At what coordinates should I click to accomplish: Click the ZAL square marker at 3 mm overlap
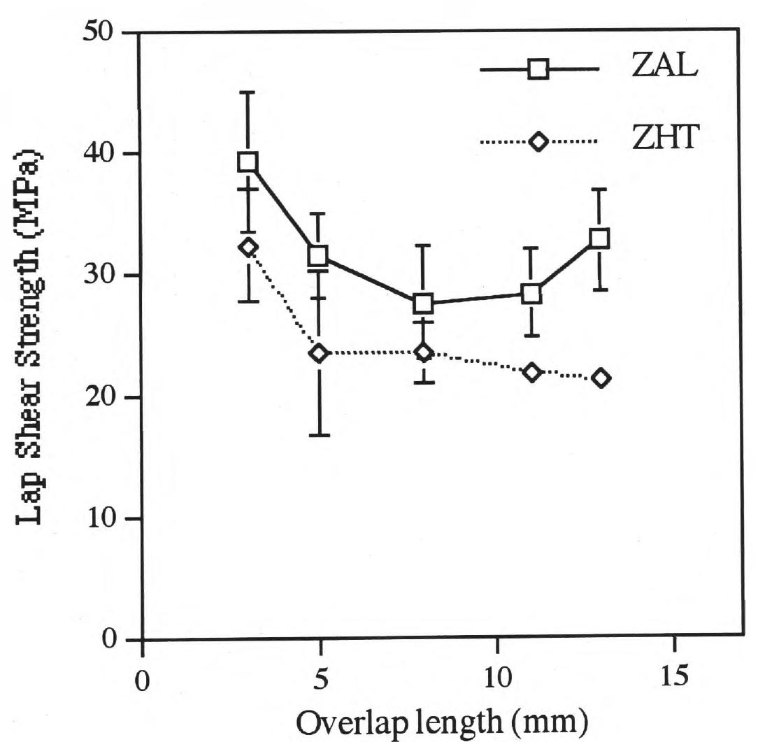pos(248,162)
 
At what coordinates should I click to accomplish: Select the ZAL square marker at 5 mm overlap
pos(319,255)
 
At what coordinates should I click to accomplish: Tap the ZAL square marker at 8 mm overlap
pos(424,304)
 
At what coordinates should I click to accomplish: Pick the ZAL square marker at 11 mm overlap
pos(531,294)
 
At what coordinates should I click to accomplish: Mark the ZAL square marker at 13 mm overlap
pos(599,238)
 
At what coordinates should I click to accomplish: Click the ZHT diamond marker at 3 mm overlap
pos(248,247)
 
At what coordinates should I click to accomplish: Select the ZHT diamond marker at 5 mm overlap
pos(319,353)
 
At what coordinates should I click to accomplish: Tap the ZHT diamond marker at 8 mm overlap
pos(424,352)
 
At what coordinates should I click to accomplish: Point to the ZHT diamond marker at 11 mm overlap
pos(531,371)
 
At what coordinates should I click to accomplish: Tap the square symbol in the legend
pos(538,70)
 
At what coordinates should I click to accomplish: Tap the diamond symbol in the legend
pos(538,142)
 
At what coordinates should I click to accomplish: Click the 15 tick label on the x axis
pos(673,679)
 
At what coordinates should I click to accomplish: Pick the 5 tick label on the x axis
pos(320,679)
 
